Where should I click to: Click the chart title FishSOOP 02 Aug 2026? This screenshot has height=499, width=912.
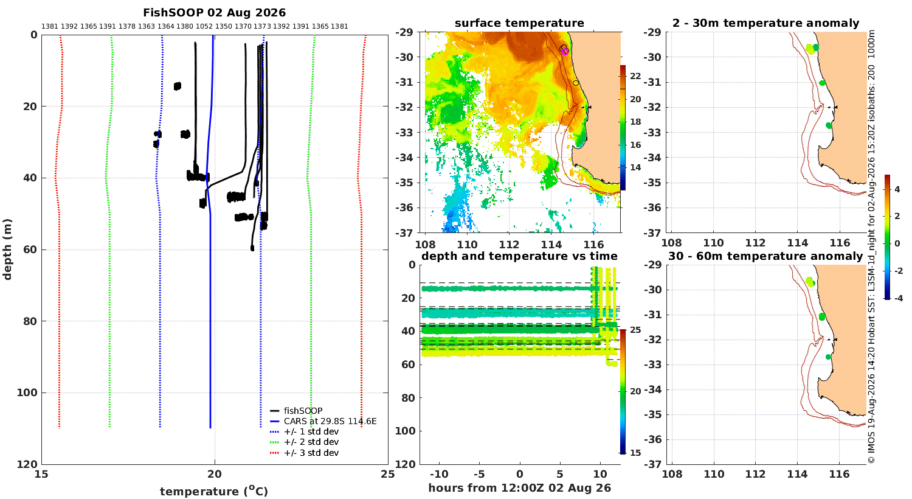214,13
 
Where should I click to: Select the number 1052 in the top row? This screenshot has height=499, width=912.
204,27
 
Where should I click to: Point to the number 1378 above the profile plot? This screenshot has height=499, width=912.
126,27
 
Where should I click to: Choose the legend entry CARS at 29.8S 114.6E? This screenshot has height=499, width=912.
323,421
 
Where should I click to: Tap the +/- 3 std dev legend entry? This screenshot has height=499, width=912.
304,453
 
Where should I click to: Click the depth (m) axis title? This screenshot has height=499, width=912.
7,249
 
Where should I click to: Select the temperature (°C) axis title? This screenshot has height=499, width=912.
214,491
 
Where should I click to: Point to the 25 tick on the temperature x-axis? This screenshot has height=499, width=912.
388,474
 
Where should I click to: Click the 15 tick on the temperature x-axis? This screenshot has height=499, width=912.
41,474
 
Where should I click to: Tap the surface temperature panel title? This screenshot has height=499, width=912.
519,23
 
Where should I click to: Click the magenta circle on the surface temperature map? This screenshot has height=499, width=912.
565,51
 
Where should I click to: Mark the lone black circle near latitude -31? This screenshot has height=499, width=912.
576,83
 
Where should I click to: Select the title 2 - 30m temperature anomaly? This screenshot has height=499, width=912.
766,23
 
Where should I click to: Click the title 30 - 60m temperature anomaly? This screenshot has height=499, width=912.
765,256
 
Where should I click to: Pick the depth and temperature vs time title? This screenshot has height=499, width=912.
519,256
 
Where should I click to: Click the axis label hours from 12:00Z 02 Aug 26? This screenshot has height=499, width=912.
519,487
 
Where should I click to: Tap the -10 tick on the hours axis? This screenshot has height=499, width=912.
439,474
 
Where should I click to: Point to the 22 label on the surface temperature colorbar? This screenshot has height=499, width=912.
635,76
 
